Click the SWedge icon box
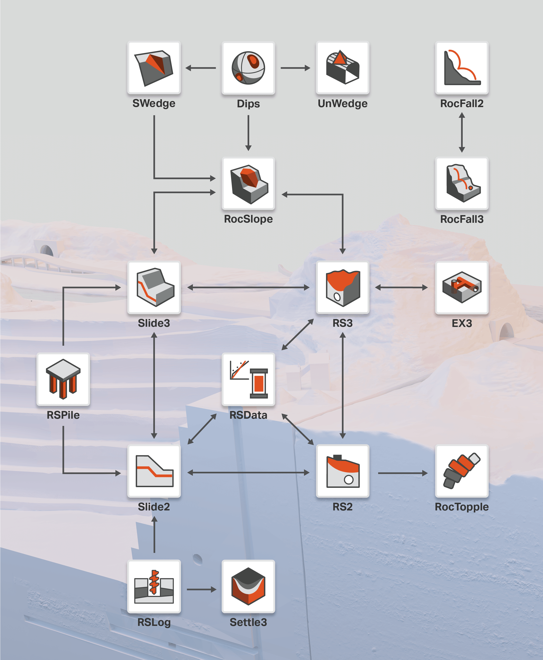coord(154,68)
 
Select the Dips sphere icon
coord(248,68)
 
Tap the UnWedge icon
coord(342,68)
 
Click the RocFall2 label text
coord(462,103)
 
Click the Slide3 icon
coord(154,287)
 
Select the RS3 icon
coord(342,287)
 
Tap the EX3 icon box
coord(462,287)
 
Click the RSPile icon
coord(63,379)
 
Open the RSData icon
coord(248,379)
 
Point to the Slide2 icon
coord(154,471)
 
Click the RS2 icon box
coord(342,471)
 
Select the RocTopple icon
coord(462,471)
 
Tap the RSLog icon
coord(154,587)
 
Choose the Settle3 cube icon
coord(248,586)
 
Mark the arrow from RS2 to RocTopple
coord(403,473)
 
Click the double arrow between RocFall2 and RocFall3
coord(462,132)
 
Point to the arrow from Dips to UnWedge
coord(296,68)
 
